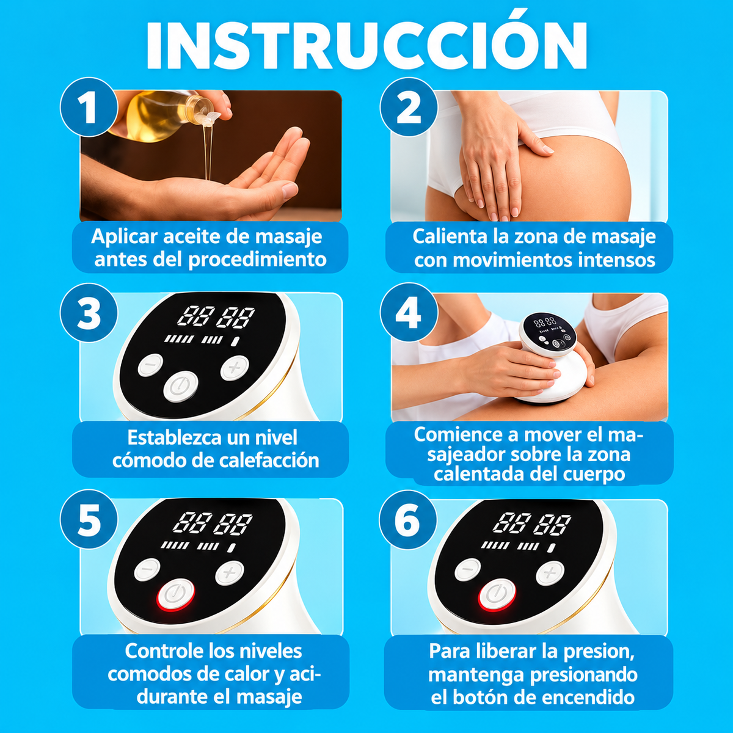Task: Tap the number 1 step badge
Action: click(x=89, y=107)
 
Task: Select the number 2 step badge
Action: click(x=409, y=107)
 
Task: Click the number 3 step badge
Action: click(x=89, y=313)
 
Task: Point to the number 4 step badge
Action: click(x=409, y=313)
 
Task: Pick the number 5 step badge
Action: click(x=89, y=519)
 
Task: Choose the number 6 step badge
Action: click(x=408, y=520)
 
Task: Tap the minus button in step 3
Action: click(x=150, y=365)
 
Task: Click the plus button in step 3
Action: click(x=235, y=368)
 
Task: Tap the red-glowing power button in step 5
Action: click(x=176, y=594)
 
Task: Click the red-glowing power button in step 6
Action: click(x=497, y=594)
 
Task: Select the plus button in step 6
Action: click(x=550, y=573)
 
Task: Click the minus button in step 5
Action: click(x=147, y=569)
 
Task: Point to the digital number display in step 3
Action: click(x=216, y=316)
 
